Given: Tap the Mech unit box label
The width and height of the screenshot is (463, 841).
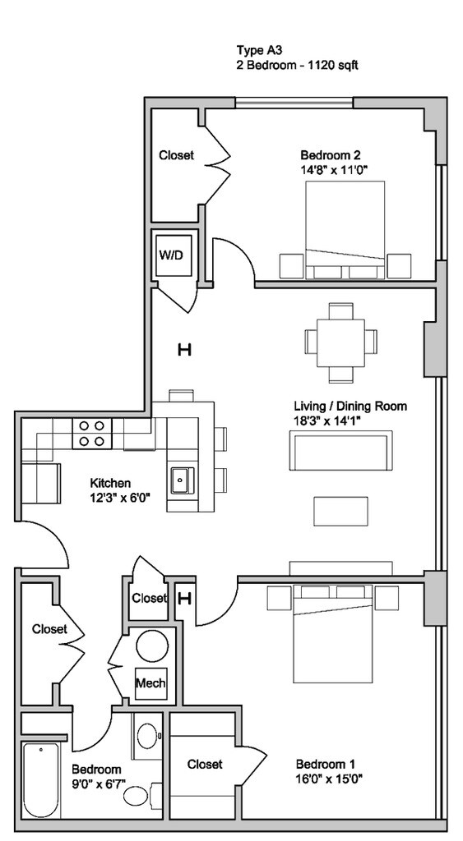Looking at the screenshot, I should click(150, 682).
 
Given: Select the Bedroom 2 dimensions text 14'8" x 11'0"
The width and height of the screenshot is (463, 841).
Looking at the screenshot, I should click(333, 171).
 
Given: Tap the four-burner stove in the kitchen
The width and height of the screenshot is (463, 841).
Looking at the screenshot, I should click(91, 434).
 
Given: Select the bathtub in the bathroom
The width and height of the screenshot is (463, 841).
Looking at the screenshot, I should click(39, 779).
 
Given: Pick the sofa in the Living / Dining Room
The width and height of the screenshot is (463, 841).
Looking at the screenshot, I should click(340, 450).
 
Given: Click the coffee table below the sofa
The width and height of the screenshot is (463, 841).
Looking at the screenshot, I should click(340, 510).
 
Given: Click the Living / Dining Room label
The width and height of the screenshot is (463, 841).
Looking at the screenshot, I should click(350, 406).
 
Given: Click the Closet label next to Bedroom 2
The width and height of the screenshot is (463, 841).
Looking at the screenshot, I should click(176, 154).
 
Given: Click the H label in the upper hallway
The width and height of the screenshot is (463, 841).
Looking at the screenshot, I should click(184, 351).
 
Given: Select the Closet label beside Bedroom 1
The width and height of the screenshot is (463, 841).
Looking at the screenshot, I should click(204, 764).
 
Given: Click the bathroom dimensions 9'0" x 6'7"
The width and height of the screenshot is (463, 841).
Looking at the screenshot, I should click(98, 784).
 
